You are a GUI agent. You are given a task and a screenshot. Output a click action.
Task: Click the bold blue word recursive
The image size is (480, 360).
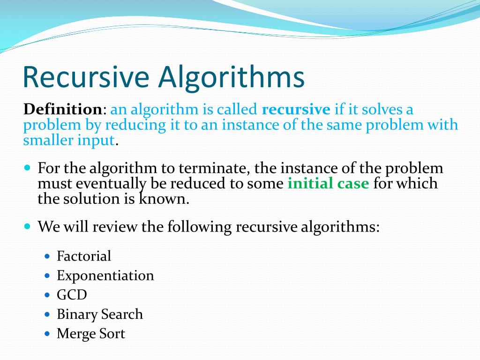tap(296, 110)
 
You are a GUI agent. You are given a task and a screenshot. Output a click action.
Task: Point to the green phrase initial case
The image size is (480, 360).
tap(328, 183)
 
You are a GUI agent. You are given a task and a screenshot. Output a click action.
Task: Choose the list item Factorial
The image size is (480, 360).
tap(84, 256)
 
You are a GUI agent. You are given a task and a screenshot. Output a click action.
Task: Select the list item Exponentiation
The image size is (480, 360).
tap(105, 275)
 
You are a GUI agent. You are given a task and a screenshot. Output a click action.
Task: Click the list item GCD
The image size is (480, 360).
tap(72, 295)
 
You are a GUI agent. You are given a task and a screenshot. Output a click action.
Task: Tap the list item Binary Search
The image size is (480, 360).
tap(99, 314)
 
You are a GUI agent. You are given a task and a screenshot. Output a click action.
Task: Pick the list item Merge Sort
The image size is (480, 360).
tap(91, 334)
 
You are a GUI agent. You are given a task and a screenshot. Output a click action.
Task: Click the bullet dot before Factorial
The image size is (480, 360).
tap(47, 256)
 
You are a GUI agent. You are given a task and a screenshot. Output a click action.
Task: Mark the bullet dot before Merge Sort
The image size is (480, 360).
tap(47, 334)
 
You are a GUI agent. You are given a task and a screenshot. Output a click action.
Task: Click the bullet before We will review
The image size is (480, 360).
tap(27, 226)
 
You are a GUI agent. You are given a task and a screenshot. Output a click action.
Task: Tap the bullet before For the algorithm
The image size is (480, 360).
tap(27, 167)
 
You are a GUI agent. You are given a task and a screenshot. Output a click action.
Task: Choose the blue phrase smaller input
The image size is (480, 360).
tap(69, 140)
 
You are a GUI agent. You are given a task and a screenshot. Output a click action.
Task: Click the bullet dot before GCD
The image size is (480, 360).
tap(47, 295)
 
